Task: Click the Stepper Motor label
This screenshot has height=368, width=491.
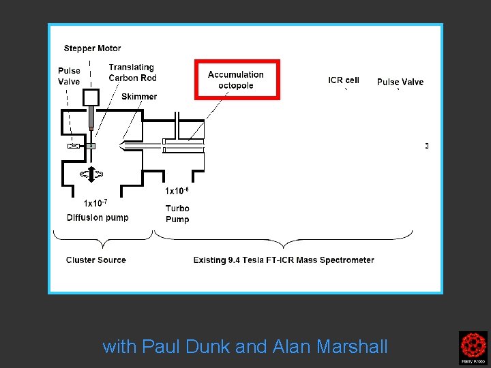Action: pyautogui.click(x=92, y=48)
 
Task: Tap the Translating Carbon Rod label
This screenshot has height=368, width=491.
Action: pyautogui.click(x=132, y=72)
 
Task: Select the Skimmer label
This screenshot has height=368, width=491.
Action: pyautogui.click(x=139, y=96)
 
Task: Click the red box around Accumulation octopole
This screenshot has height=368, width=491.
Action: pyautogui.click(x=237, y=80)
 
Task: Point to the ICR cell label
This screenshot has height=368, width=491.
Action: pyautogui.click(x=343, y=80)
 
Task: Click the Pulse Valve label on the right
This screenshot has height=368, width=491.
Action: pyautogui.click(x=400, y=82)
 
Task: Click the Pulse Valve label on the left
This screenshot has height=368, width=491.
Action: pyautogui.click(x=69, y=76)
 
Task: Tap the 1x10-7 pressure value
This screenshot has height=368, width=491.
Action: pyautogui.click(x=95, y=202)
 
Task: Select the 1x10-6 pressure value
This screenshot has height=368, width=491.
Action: pyautogui.click(x=177, y=191)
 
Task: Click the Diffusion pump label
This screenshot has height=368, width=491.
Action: pyautogui.click(x=98, y=217)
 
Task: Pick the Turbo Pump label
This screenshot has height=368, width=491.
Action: pyautogui.click(x=177, y=213)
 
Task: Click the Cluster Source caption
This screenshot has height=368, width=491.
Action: pyautogui.click(x=96, y=260)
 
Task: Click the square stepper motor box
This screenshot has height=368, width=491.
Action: pyautogui.click(x=90, y=98)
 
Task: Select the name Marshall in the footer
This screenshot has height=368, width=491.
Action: pyautogui.click(x=353, y=347)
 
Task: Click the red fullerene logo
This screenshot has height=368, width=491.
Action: pyautogui.click(x=473, y=348)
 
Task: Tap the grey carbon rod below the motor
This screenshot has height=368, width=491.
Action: pyautogui.click(x=91, y=119)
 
